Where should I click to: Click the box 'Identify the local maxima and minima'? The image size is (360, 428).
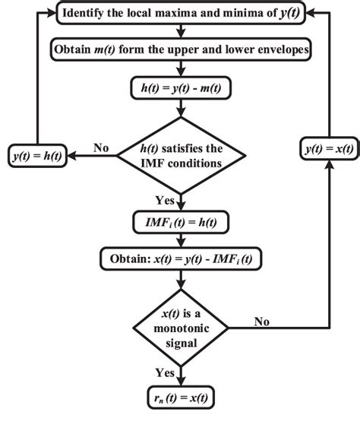[179, 13]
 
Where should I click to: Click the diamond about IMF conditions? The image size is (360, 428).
[180, 156]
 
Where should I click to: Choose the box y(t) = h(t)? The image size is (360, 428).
[37, 155]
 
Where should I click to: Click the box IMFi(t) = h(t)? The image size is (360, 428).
[180, 221]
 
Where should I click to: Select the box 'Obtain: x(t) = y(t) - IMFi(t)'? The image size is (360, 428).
[180, 258]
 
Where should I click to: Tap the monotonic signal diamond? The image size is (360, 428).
[180, 327]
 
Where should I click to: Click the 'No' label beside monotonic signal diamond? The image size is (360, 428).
[262, 321]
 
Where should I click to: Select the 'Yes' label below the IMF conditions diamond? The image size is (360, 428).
[165, 201]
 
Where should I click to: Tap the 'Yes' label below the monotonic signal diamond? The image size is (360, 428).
[165, 373]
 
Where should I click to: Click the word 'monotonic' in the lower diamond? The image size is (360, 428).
[180, 328]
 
